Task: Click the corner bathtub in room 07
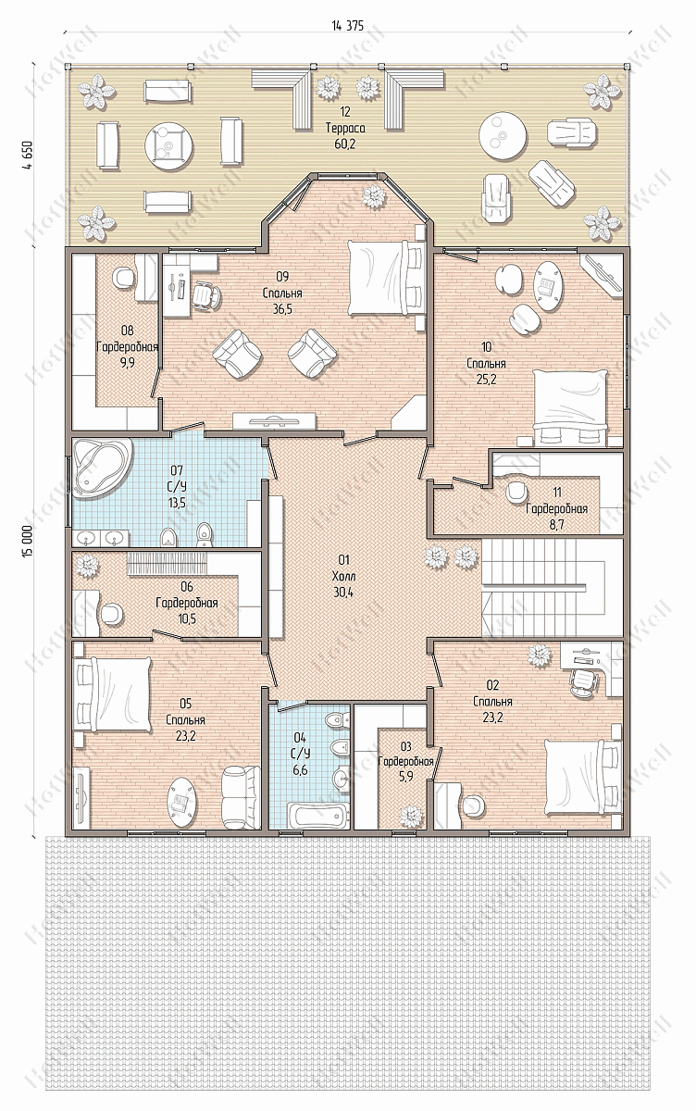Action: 102,468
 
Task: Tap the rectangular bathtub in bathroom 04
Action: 312,816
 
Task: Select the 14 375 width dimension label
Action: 347,26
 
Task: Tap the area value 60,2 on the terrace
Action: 345,144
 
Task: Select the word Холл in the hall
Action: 344,576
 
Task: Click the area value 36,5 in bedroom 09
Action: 282,309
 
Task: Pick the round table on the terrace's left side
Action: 169,145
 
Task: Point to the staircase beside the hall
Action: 552,587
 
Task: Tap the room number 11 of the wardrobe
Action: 557,492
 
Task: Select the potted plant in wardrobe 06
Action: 88,566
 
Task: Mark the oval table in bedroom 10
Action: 548,286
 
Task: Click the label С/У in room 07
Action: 177,486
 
